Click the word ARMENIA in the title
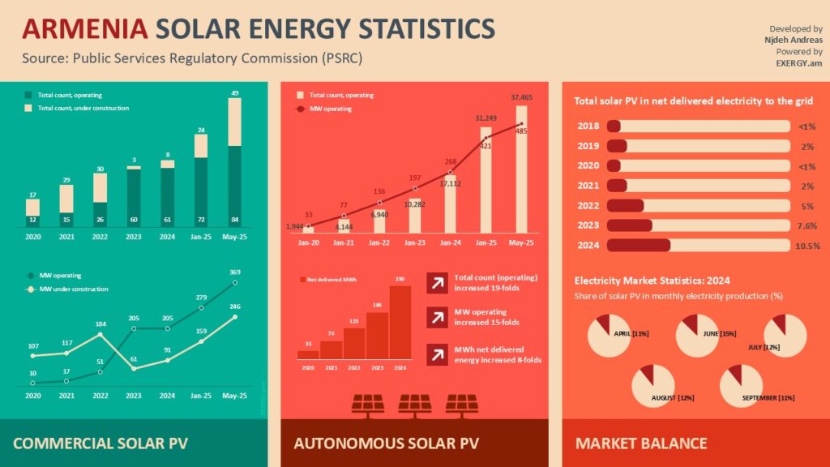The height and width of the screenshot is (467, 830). [x=83, y=29]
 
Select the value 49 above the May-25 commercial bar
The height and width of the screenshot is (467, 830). [x=234, y=94]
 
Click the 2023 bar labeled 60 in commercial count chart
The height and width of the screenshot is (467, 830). [x=134, y=195]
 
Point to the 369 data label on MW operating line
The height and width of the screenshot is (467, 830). [x=234, y=272]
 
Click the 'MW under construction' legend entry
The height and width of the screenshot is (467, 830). [x=71, y=289]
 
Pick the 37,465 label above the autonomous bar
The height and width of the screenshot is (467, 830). [x=521, y=96]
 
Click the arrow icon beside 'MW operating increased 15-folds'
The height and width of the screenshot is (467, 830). [x=435, y=318]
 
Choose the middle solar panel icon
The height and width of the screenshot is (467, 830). [x=415, y=404]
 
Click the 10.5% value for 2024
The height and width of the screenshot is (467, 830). [x=808, y=246]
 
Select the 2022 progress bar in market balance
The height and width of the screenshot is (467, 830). [x=697, y=206]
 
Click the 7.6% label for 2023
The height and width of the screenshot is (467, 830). [x=808, y=225]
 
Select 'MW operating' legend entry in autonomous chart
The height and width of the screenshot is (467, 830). [x=334, y=108]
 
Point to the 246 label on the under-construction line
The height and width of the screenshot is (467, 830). [x=234, y=306]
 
